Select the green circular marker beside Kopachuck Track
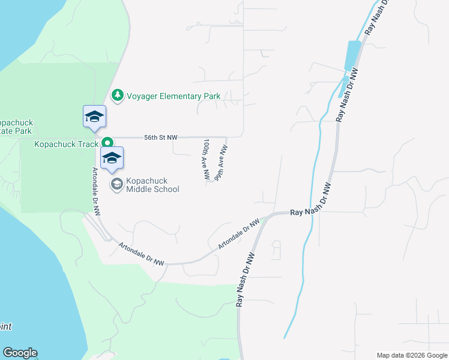coord(107,143)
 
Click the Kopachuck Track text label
coord(66,144)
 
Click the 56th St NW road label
coord(161,137)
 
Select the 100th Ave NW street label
coord(206,160)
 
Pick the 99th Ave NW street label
coord(220,162)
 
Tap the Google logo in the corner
coord(20,353)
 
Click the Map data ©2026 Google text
coord(412,355)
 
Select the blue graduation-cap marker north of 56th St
coord(94,116)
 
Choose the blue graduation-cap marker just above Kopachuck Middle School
coord(112,158)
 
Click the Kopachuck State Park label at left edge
coord(16,127)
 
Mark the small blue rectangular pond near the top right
coord(351,55)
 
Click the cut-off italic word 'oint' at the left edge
coord(5,327)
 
